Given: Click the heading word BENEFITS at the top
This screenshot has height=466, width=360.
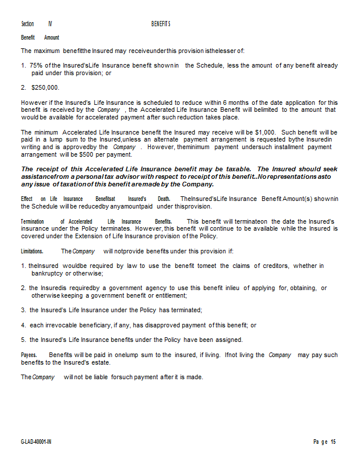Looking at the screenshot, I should click(x=160, y=24).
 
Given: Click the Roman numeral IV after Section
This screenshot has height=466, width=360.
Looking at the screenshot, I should click(x=50, y=24).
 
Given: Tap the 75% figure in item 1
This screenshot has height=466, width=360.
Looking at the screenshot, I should click(x=36, y=65).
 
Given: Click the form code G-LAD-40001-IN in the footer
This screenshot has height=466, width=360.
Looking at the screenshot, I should click(x=36, y=442).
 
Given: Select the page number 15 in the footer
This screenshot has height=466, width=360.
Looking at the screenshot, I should click(x=334, y=442).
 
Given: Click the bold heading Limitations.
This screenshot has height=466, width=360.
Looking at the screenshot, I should click(x=32, y=252).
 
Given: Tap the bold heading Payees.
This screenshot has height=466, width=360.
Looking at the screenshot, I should click(x=29, y=355).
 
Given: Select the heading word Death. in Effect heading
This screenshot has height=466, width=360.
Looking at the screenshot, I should click(x=164, y=199).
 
